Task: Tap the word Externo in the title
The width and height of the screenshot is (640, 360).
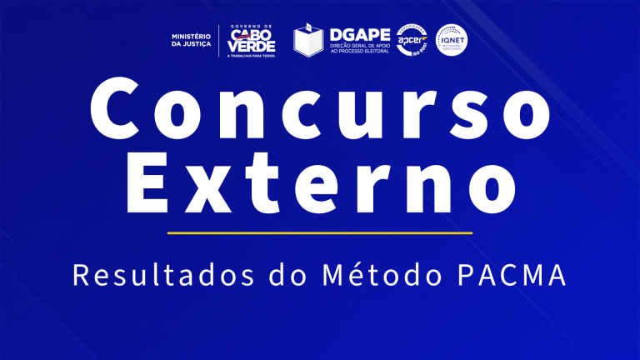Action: coord(319,182)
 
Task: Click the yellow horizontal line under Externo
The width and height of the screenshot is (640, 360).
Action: coord(319,232)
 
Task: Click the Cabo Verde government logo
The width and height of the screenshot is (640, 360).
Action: coord(252,40)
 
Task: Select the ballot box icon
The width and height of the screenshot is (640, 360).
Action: coord(308,40)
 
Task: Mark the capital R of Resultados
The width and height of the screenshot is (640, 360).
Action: coord(81,274)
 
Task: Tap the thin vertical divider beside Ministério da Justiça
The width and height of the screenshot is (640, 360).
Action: coord(219,40)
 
